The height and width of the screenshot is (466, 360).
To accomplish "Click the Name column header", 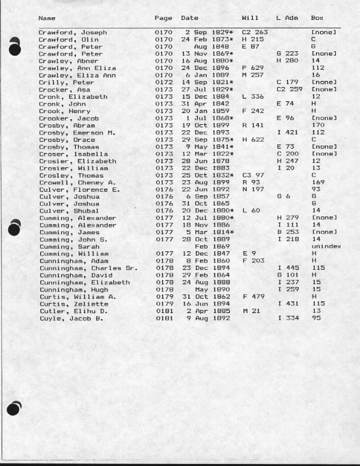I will point(47,18).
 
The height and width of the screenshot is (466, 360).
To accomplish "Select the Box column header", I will point(317,18).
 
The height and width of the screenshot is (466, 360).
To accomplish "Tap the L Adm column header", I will point(287,18).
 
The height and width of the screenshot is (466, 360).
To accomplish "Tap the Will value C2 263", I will point(254,33).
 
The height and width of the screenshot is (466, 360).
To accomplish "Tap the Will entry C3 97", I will point(252,176).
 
